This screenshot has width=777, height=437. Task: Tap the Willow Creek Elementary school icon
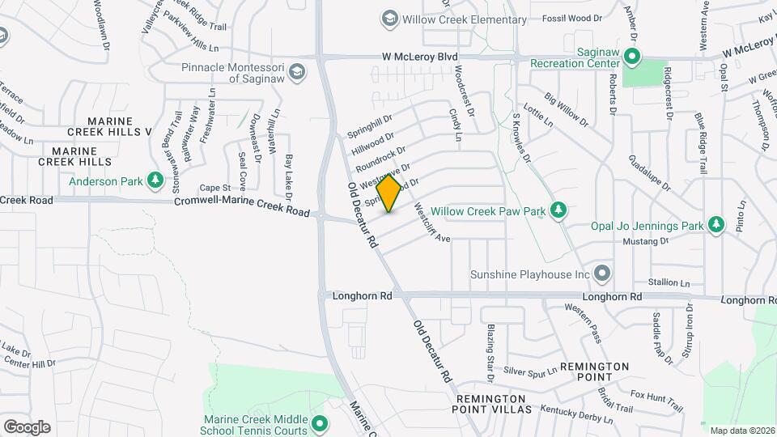(x=389, y=19)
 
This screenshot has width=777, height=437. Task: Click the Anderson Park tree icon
(x=151, y=181)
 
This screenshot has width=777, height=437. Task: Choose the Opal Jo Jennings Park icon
(x=715, y=224)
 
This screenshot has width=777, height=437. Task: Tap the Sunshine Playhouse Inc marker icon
(x=601, y=274)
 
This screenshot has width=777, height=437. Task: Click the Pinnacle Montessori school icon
(x=298, y=72)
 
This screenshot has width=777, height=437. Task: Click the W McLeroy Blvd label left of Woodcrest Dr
(x=421, y=57)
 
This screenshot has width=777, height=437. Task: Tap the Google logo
(x=27, y=426)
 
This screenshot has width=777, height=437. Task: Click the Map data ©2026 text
(x=741, y=431)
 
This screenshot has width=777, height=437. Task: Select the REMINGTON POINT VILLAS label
(x=494, y=405)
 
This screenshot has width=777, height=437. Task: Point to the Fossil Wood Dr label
(x=572, y=18)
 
